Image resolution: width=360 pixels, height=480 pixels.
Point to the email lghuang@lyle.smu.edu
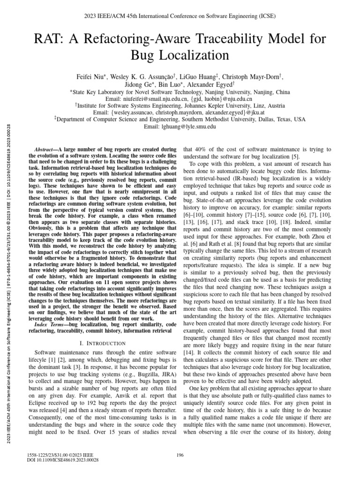tap(180, 127)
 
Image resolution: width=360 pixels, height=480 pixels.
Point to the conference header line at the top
tap(180, 15)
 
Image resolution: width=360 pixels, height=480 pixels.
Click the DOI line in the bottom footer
tap(64, 461)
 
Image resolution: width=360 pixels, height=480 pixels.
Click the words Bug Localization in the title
tap(180, 55)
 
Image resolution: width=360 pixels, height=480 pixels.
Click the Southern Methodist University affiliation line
tap(180, 120)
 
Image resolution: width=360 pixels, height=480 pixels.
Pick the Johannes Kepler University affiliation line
tap(180, 106)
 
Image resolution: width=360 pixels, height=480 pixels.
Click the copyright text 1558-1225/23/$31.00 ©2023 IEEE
tap(61, 455)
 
